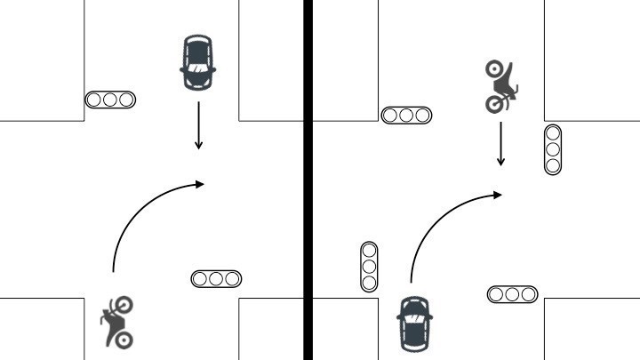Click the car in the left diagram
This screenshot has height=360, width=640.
pyautogui.click(x=198, y=62)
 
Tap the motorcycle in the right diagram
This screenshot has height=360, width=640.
pyautogui.click(x=500, y=86)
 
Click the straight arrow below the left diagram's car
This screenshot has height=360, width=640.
pyautogui.click(x=198, y=125)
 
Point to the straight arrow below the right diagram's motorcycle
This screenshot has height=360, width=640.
pyautogui.click(x=501, y=143)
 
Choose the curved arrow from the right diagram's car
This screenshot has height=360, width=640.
pyautogui.click(x=440, y=222)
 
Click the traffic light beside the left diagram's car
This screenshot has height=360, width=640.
pyautogui.click(x=110, y=100)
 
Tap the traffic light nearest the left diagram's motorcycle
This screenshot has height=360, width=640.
pyautogui.click(x=216, y=279)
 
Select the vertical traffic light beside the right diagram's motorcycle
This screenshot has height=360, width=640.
pyautogui.click(x=553, y=149)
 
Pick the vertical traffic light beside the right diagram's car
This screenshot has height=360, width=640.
pyautogui.click(x=369, y=266)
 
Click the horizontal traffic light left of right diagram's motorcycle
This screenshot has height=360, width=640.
pyautogui.click(x=406, y=115)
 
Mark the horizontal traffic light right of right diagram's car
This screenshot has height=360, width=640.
pyautogui.click(x=513, y=293)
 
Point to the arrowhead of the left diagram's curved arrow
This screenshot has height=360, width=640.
pyautogui.click(x=201, y=183)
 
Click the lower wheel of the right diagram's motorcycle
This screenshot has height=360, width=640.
pyautogui.click(x=493, y=105)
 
